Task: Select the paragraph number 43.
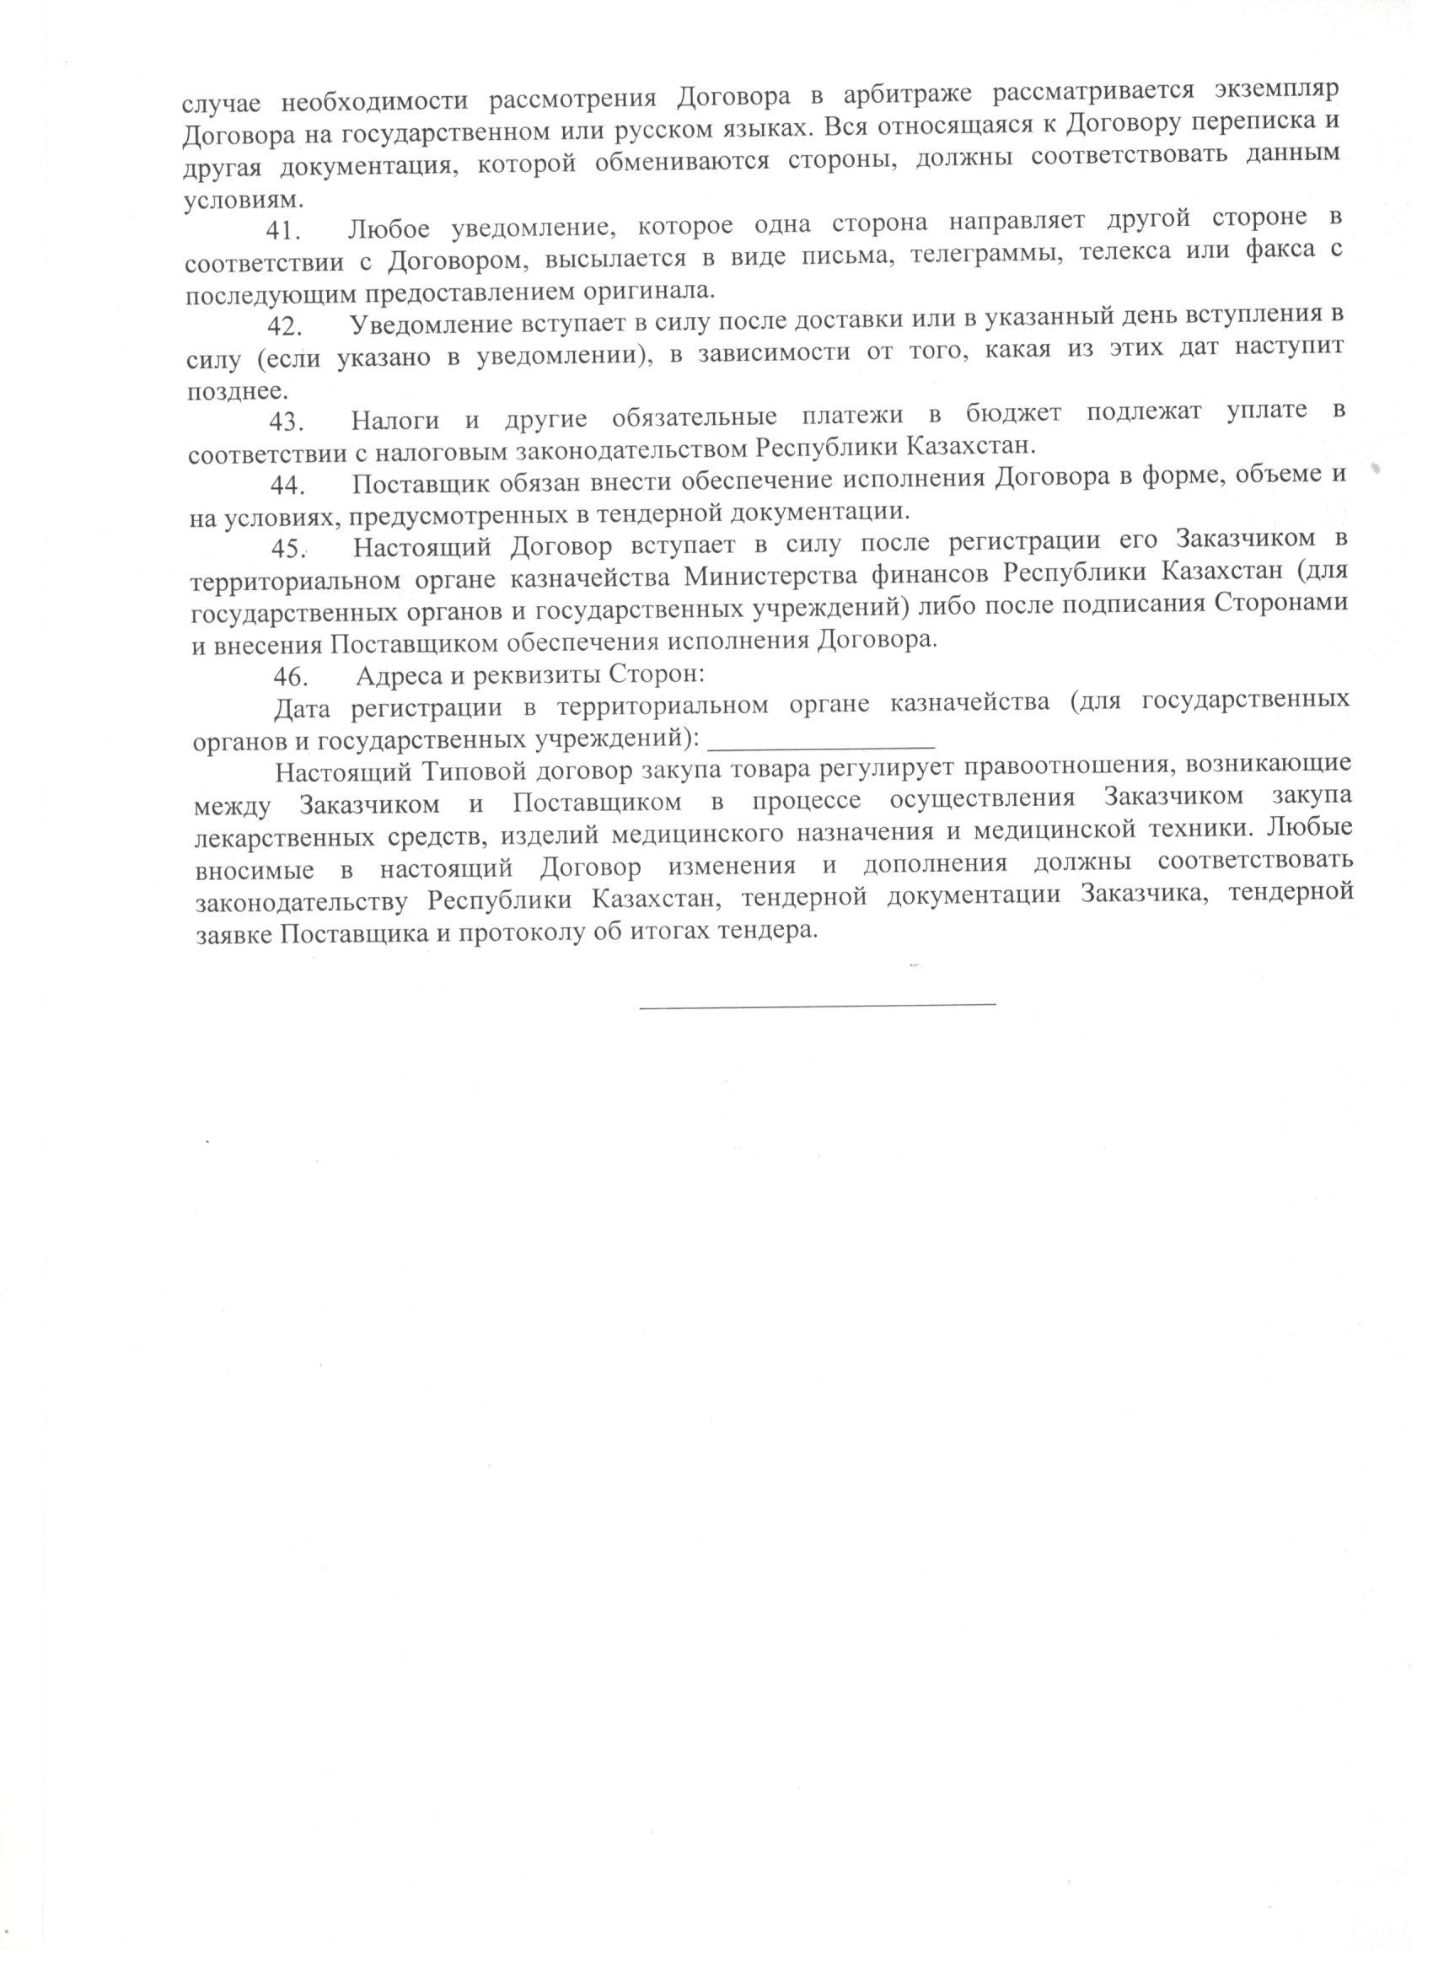point(286,422)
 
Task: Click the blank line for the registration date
point(822,745)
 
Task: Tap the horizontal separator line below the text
point(817,1006)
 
